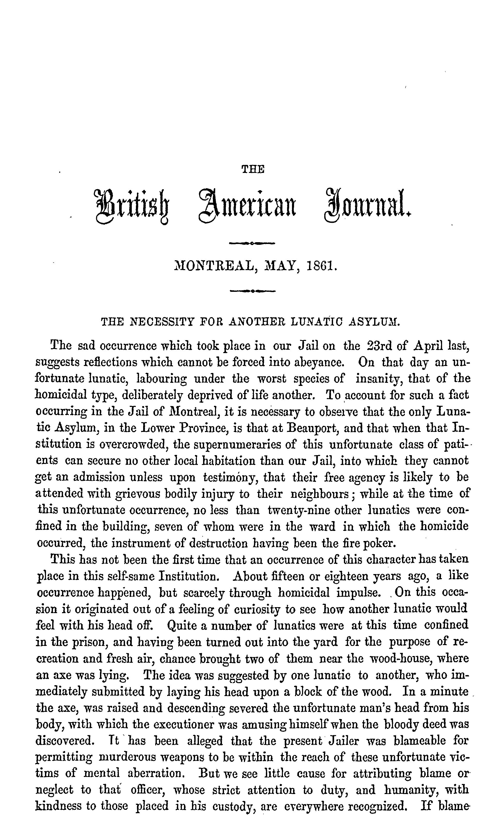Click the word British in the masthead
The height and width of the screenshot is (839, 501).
click(x=132, y=205)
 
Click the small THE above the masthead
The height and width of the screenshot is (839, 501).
click(x=252, y=169)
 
